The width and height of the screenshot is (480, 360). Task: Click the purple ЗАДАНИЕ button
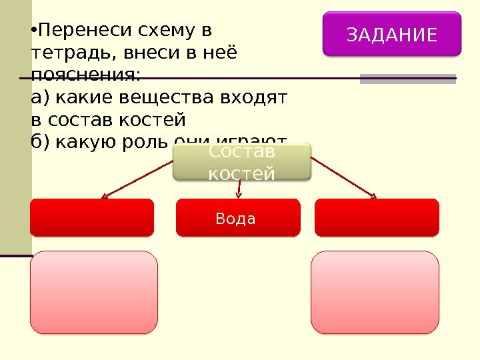coord(392,33)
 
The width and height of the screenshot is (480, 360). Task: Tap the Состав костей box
coord(241,163)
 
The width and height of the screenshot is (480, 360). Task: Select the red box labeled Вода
coord(238,218)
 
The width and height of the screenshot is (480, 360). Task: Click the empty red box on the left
coord(92,218)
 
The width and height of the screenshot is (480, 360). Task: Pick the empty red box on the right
coord(377,218)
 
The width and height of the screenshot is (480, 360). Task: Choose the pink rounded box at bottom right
coord(375,292)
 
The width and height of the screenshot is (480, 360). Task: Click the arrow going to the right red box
coord(343,178)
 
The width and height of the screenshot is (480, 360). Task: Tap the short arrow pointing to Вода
coord(239,189)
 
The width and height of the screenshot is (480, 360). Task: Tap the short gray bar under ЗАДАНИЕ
coord(407,79)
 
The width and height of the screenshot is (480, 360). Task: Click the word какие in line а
coord(80,98)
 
